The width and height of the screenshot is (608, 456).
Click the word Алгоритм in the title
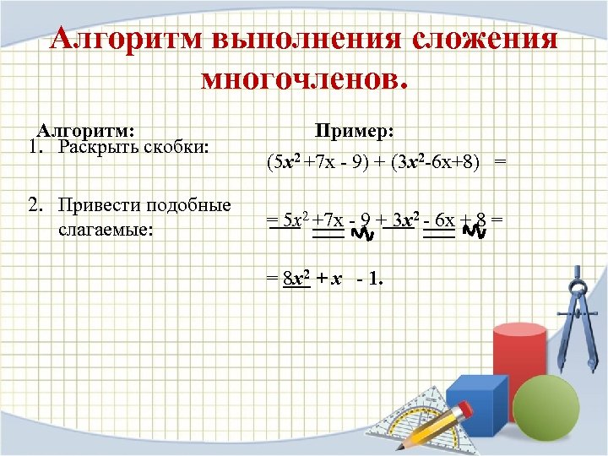coord(125,41)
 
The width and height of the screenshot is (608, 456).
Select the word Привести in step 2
coord(100,206)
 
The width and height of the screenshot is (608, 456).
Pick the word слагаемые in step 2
coord(106,227)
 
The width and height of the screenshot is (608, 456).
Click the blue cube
coord(479,410)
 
